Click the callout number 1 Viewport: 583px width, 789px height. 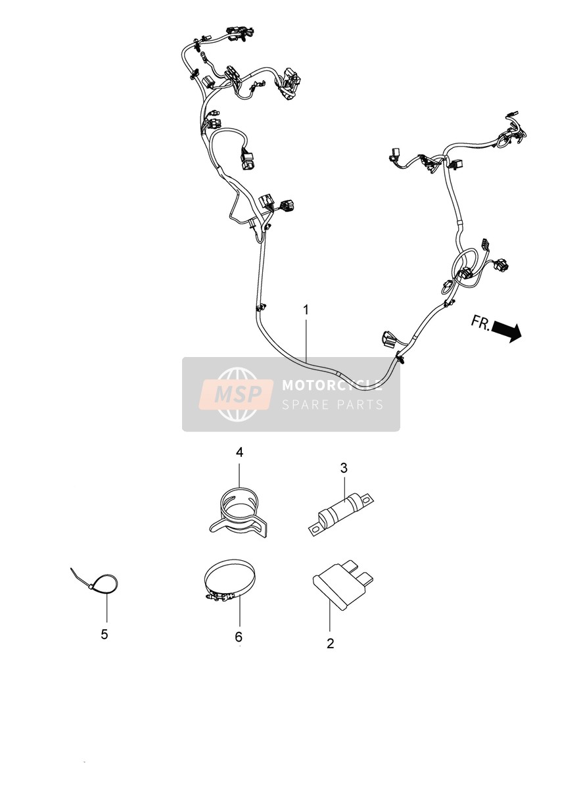point(306,310)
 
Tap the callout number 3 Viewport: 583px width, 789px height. point(344,468)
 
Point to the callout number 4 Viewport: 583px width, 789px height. point(239,452)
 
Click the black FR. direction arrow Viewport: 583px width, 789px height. point(507,331)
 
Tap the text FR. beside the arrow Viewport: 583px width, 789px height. point(480,322)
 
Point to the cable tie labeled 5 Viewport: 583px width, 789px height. point(95,582)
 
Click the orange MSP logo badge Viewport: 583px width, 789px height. point(236,394)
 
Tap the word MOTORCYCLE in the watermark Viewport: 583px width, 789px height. point(332,385)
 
